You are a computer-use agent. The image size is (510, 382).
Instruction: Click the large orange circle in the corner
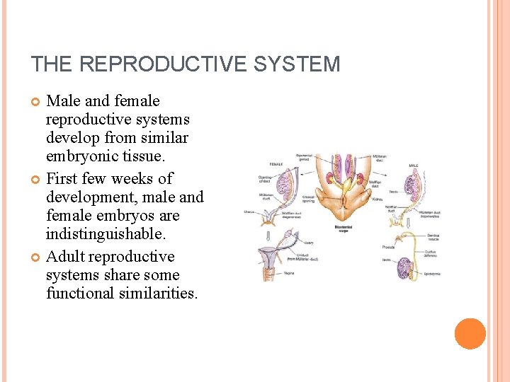(x=470, y=334)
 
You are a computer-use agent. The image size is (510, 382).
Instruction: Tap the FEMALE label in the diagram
(x=276, y=163)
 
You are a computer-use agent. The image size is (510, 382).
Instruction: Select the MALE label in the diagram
(x=414, y=167)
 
